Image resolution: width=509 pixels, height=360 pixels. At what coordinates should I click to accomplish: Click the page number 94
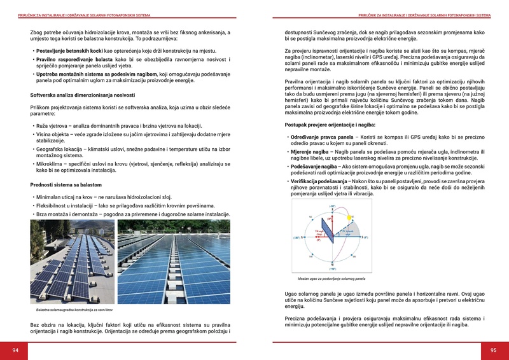[15, 350]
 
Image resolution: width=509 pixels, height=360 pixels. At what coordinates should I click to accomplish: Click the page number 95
[493, 350]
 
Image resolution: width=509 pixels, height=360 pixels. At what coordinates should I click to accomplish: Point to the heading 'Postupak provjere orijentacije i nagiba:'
[330, 124]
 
